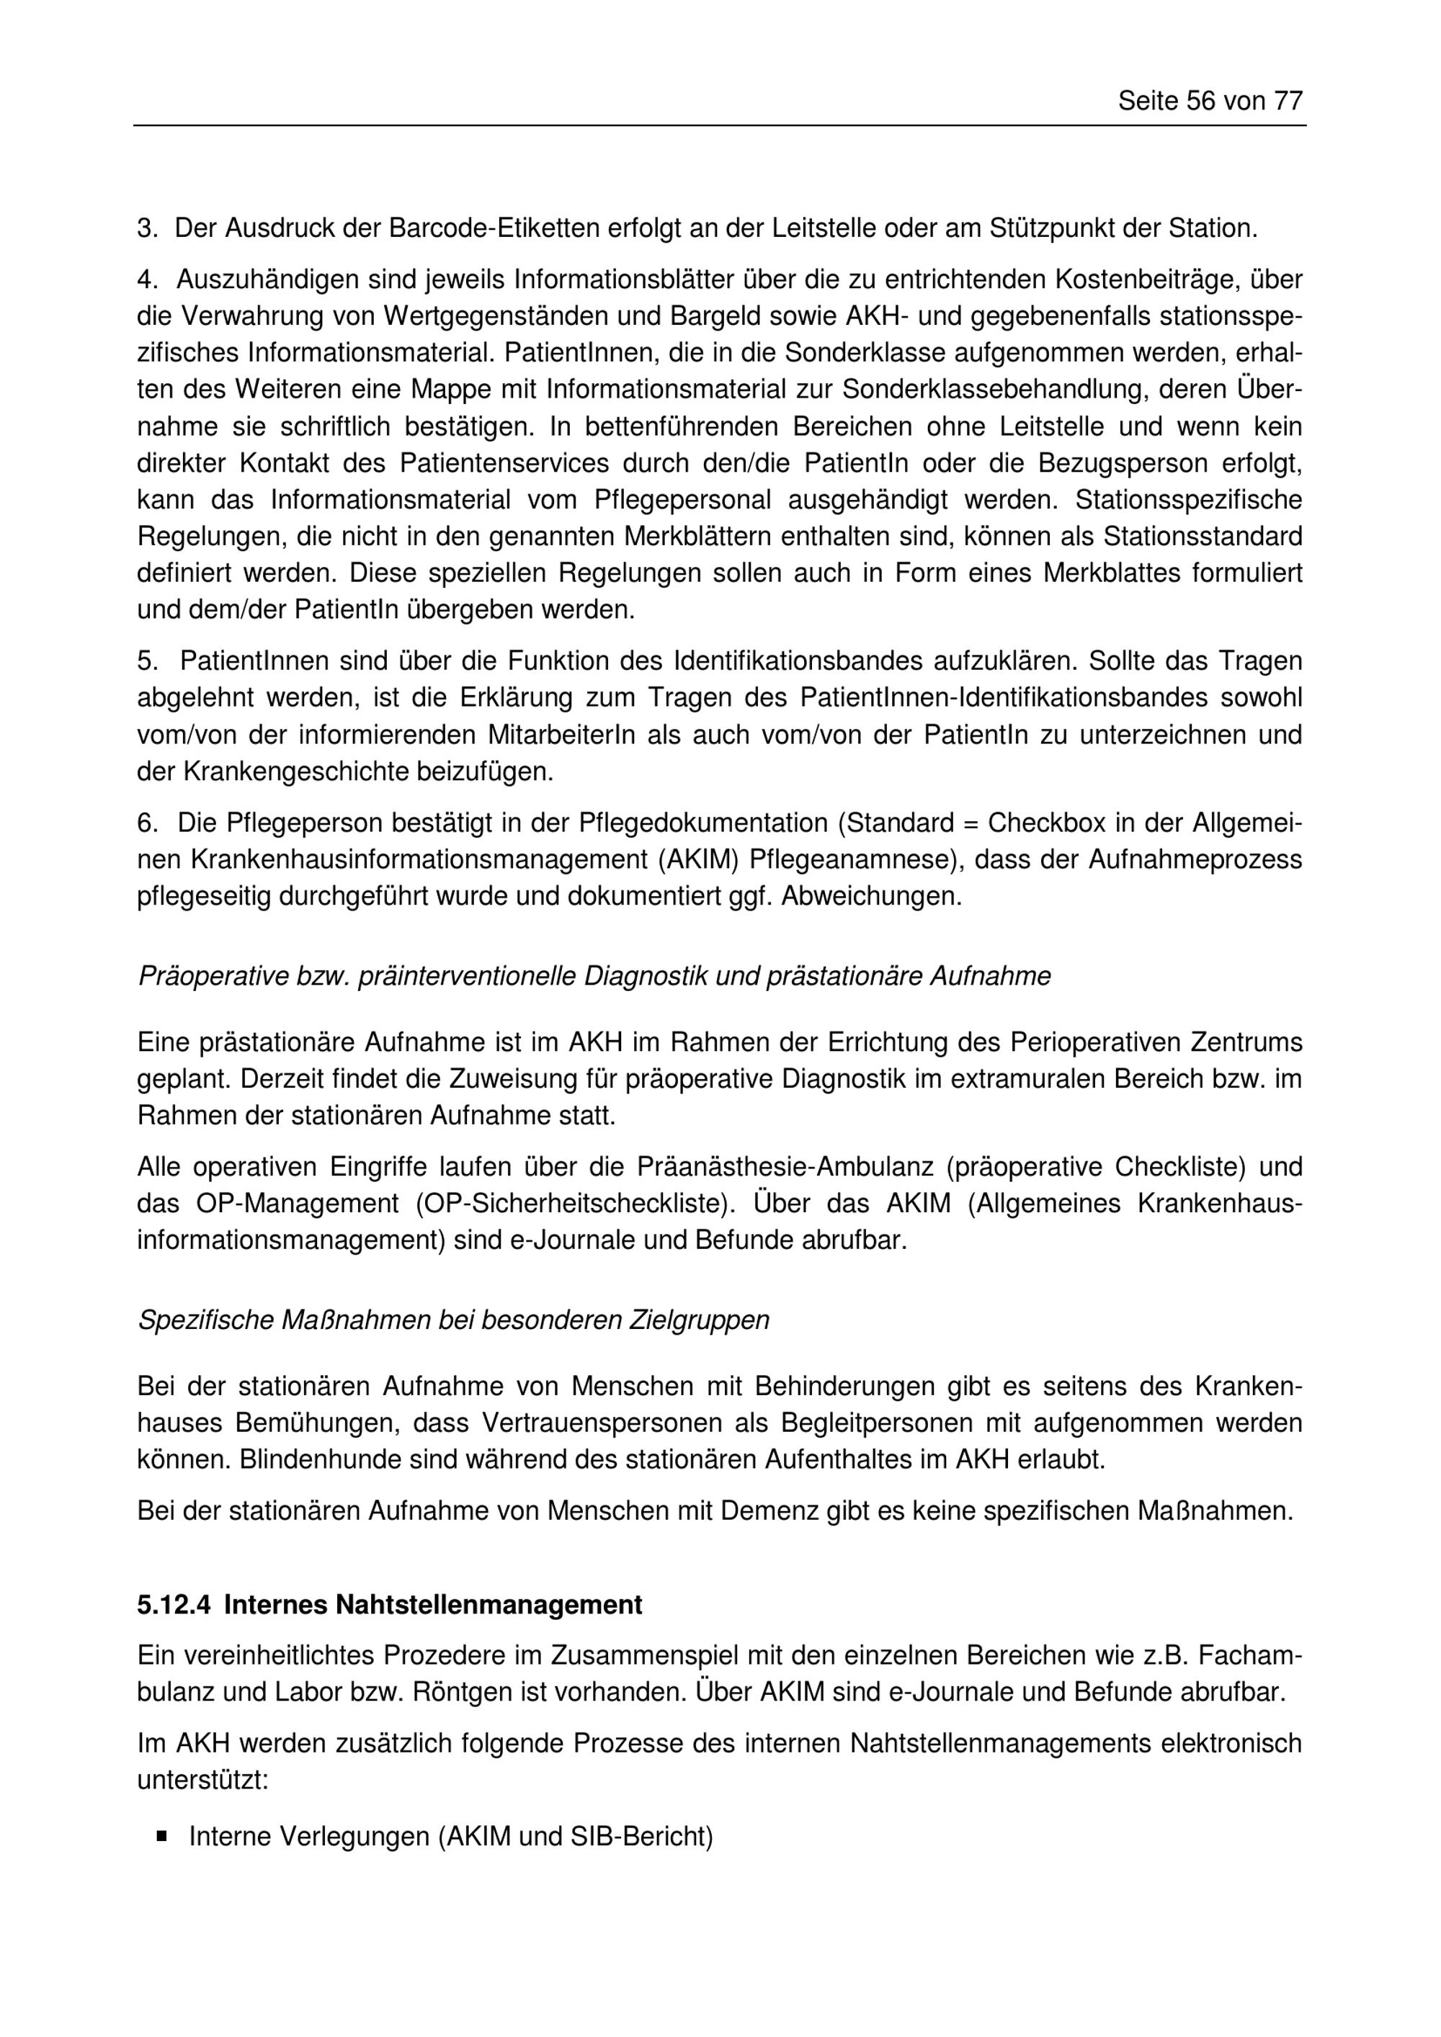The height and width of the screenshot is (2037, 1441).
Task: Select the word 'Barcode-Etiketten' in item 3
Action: click(x=494, y=229)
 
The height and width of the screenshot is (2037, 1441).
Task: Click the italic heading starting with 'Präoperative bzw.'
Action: click(x=594, y=977)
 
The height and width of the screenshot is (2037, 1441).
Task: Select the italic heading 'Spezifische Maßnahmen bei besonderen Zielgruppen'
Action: click(x=452, y=1321)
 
